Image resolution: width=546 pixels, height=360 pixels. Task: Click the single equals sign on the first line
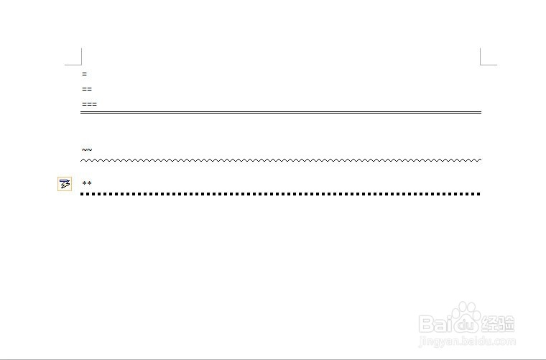pyautogui.click(x=84, y=74)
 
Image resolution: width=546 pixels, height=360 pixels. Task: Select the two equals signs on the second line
pyautogui.click(x=87, y=89)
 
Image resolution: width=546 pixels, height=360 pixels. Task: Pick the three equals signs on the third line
pyautogui.click(x=90, y=104)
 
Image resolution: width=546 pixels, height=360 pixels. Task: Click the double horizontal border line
pyautogui.click(x=281, y=113)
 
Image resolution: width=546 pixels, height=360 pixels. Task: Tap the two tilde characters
pyautogui.click(x=87, y=149)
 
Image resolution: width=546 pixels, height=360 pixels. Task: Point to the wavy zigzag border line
pyautogui.click(x=281, y=160)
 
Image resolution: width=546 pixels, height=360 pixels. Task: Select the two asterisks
pyautogui.click(x=87, y=183)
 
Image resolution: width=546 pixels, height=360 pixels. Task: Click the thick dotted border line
pyautogui.click(x=280, y=194)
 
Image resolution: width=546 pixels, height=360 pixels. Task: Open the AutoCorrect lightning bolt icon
pyautogui.click(x=65, y=184)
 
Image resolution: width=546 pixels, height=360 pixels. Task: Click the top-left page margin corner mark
pyautogui.click(x=81, y=65)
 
